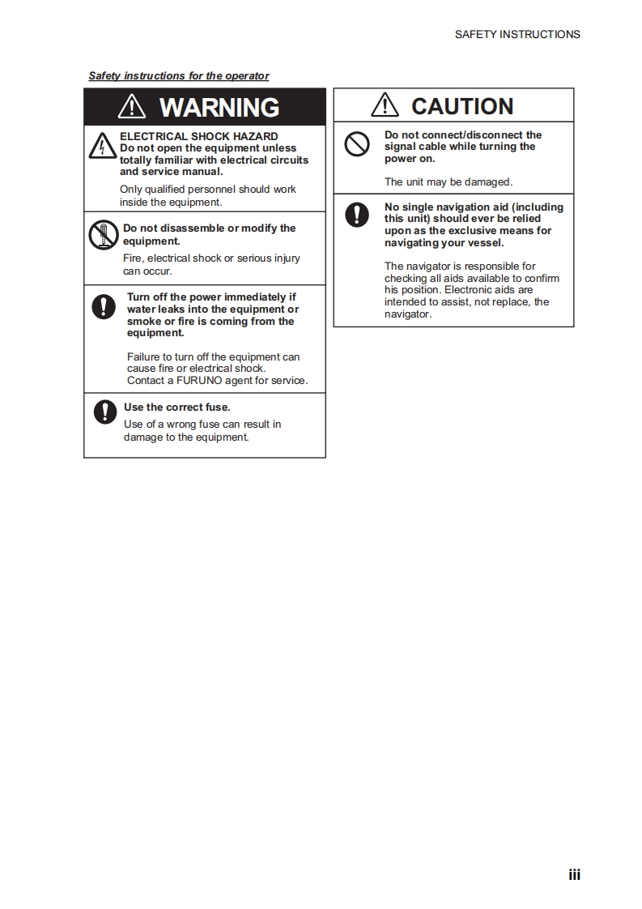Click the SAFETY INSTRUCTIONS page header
[517, 34]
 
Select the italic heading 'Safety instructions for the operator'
[178, 76]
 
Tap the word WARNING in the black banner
[219, 107]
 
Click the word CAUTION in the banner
[462, 106]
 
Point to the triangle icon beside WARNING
[131, 107]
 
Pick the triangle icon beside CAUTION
[385, 106]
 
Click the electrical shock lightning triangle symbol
[102, 147]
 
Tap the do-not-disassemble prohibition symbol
[104, 235]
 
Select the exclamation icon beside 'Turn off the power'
[104, 306]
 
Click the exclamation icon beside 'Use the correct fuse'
[105, 412]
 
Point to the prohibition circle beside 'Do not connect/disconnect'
[357, 145]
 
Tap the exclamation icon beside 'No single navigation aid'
[357, 214]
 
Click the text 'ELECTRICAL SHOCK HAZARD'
[198, 136]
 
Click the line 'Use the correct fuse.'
[176, 408]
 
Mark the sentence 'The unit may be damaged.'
[448, 182]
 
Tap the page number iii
[574, 874]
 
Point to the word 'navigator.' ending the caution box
[408, 314]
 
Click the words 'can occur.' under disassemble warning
[147, 271]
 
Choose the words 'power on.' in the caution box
[410, 159]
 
